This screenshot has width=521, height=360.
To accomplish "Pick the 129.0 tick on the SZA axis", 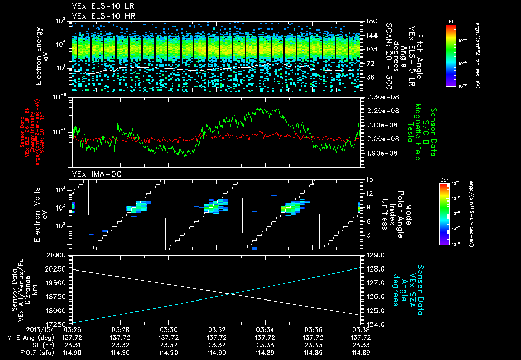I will pos(374,255).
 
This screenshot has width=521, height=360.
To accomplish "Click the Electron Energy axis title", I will pos(41,56).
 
